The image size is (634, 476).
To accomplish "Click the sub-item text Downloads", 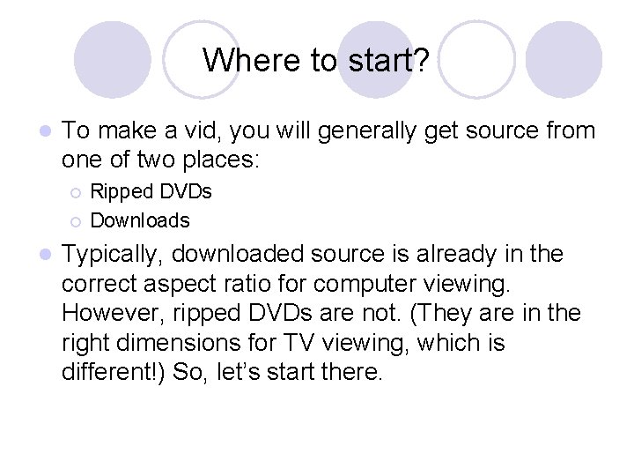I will [140, 220].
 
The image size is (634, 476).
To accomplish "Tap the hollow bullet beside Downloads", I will [77, 220].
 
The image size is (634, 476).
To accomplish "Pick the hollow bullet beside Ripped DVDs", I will [77, 192].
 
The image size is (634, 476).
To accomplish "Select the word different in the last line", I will [111, 372].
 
